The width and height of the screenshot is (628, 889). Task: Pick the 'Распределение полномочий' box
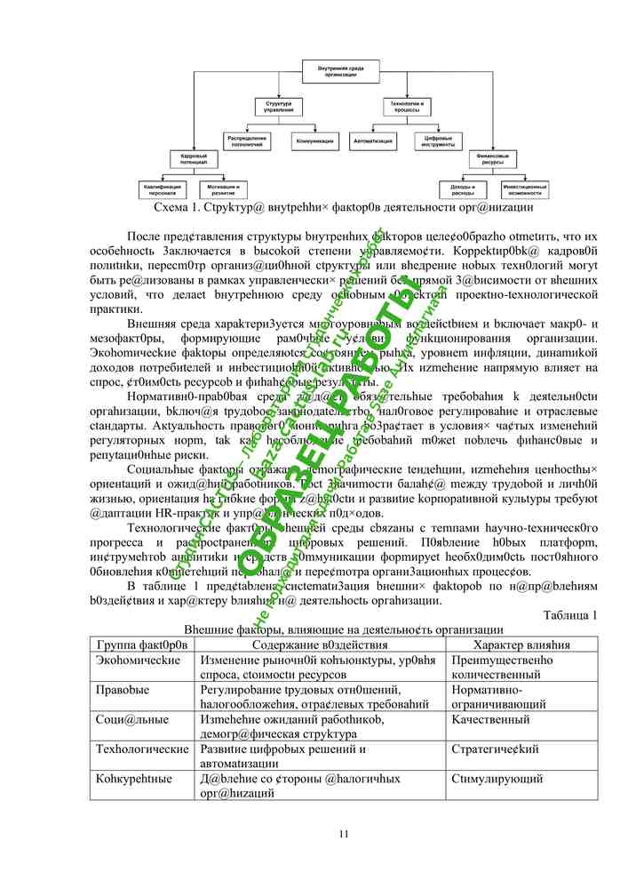[248, 140]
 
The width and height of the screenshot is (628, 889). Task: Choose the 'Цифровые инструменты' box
[438, 140]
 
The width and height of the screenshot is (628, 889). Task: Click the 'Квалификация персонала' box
[163, 189]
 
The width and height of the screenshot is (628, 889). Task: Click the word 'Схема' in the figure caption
[172, 207]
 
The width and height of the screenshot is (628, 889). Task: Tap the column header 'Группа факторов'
[142, 645]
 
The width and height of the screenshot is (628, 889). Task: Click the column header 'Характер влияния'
[522, 645]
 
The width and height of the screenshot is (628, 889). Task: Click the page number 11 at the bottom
[344, 833]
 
